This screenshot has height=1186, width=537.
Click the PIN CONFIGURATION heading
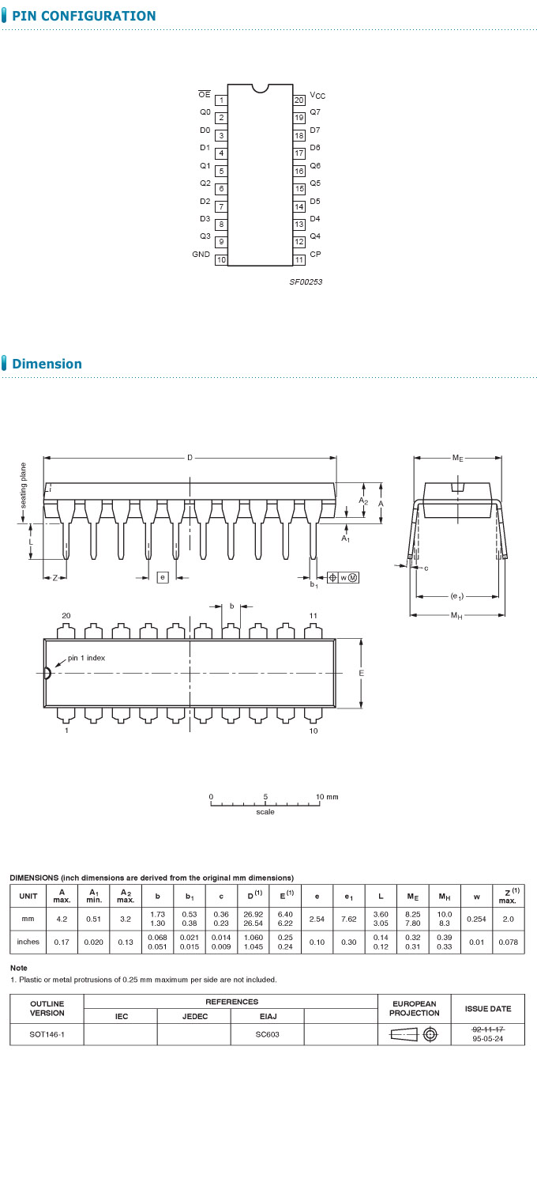(x=84, y=16)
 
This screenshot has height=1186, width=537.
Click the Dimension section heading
(x=47, y=364)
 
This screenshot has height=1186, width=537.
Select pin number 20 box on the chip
(x=299, y=100)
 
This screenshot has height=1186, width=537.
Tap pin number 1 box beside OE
(x=221, y=100)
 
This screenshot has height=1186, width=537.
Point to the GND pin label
(x=201, y=255)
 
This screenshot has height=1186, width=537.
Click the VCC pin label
(x=317, y=96)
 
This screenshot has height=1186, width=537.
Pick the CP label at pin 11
(x=315, y=255)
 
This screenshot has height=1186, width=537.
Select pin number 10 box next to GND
(x=221, y=259)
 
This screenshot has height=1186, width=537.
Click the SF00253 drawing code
(x=306, y=281)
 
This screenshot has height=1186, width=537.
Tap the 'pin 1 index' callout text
(x=86, y=658)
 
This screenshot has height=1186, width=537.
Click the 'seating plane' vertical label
(x=24, y=485)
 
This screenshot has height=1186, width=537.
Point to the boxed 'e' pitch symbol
(x=163, y=577)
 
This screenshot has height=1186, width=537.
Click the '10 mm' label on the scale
(x=327, y=796)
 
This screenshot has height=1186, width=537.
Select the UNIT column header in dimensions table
(x=28, y=895)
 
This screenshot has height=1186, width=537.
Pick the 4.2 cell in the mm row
(x=62, y=919)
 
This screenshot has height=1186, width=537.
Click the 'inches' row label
(x=28, y=942)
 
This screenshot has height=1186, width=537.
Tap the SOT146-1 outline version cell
(x=47, y=1034)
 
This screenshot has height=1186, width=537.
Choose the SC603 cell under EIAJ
(x=268, y=1034)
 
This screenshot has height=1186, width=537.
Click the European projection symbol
(x=415, y=1034)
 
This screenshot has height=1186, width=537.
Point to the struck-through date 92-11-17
(x=487, y=1029)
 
